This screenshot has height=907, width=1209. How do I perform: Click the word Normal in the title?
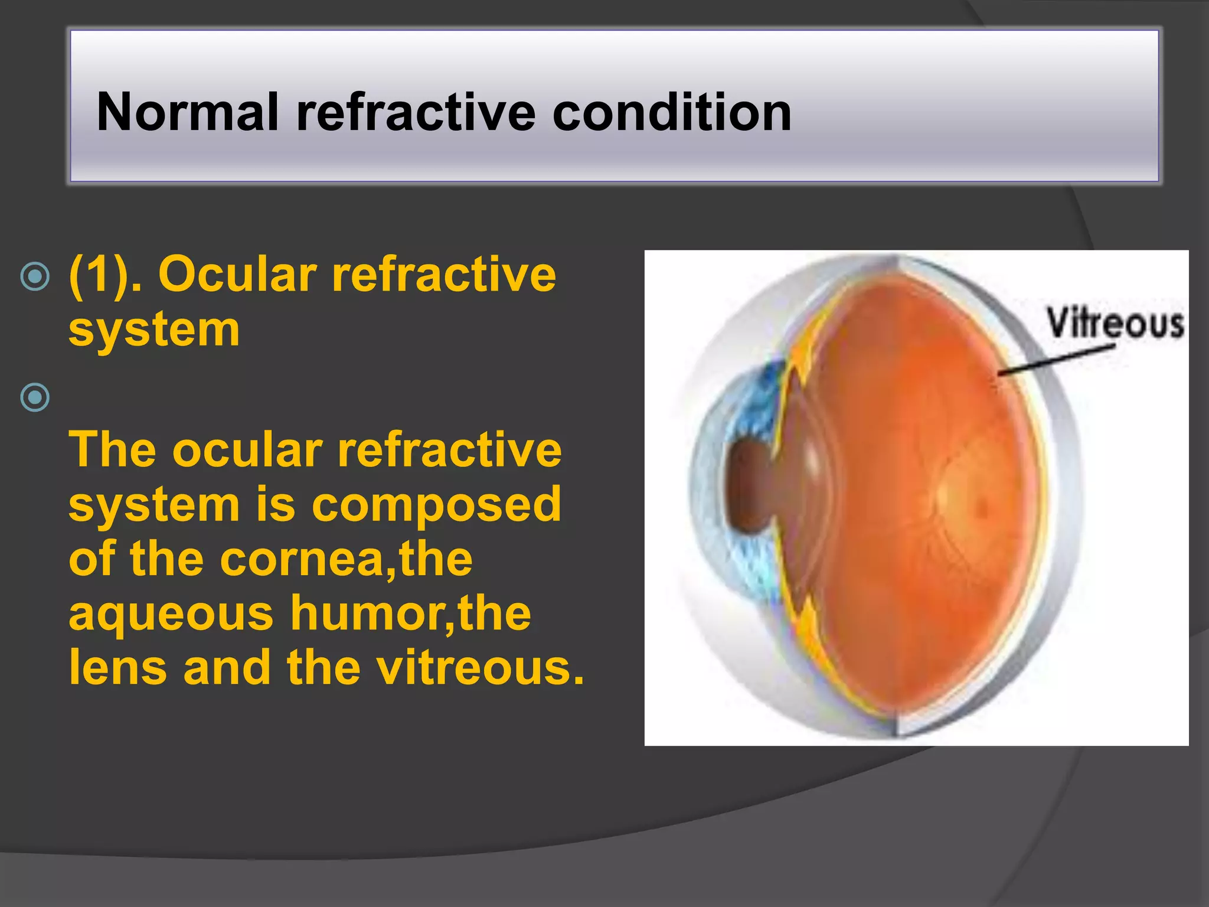tap(187, 112)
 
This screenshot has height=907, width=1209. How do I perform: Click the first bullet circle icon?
tap(35, 276)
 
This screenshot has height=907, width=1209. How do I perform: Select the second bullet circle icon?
tap(35, 397)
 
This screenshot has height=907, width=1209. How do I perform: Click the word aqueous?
tap(171, 614)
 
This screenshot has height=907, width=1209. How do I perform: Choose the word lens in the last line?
tap(118, 668)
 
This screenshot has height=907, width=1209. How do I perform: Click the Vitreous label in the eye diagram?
tap(1115, 324)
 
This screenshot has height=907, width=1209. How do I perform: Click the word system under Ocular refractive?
tap(154, 329)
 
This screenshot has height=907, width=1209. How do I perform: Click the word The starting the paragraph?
tap(112, 450)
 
